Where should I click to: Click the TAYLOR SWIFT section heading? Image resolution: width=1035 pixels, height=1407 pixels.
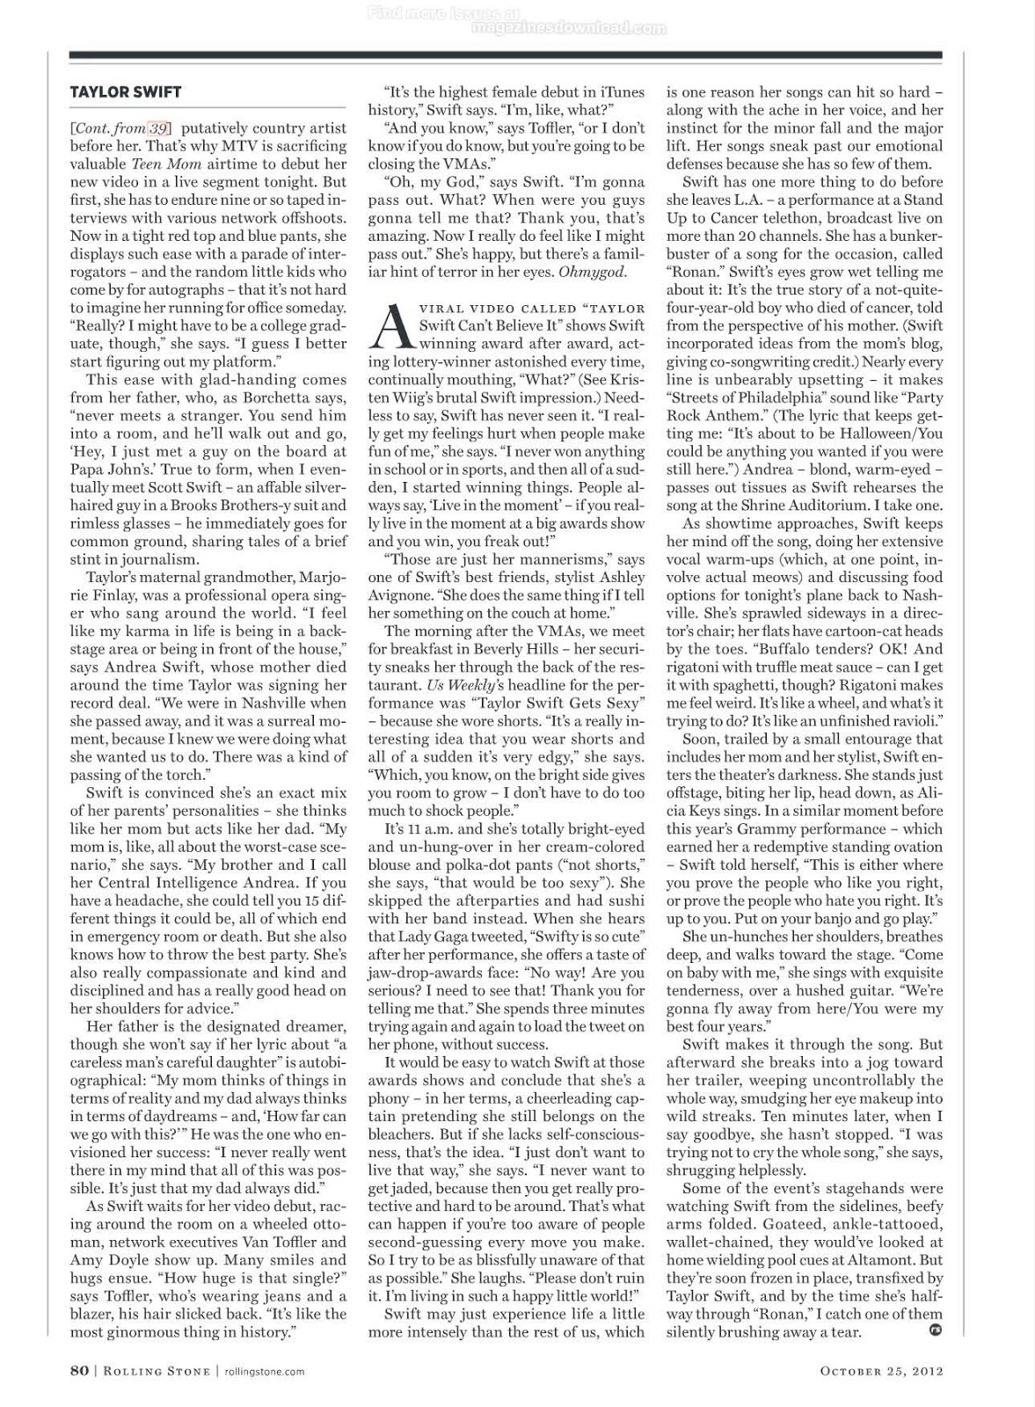point(126,92)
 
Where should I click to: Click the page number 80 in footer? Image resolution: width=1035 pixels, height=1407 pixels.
point(79,1370)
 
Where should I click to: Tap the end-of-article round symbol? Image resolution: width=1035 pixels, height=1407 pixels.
point(935,1330)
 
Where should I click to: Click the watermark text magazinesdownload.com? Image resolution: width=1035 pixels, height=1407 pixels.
point(569,28)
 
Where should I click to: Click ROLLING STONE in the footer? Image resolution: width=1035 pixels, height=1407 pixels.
point(160,1370)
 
